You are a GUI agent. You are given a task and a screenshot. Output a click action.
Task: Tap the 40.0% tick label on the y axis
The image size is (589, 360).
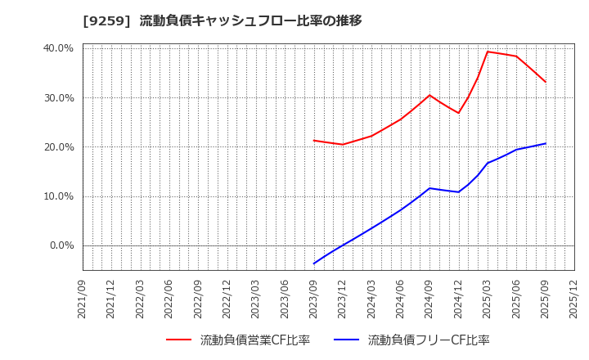tap(58, 48)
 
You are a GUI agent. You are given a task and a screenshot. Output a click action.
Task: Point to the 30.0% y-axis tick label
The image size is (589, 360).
tap(58, 98)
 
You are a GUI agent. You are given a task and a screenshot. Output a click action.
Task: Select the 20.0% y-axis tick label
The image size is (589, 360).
tap(58, 147)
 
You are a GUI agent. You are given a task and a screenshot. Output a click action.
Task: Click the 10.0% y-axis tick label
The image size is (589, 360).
tap(58, 196)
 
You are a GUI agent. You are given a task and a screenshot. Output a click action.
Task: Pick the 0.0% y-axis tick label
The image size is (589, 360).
tap(61, 245)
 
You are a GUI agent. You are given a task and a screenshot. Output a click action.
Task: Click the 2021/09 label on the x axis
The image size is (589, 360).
tap(83, 299)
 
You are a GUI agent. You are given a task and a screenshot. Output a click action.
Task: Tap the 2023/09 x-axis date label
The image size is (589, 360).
tap(314, 299)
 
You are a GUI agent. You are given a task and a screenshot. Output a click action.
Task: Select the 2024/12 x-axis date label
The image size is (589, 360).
tap(459, 299)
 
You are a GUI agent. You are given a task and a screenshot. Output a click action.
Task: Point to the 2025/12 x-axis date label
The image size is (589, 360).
tap(574, 299)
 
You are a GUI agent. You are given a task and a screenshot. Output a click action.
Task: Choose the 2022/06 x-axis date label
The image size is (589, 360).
tap(169, 299)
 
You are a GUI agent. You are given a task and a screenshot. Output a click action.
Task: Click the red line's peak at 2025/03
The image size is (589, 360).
tap(488, 52)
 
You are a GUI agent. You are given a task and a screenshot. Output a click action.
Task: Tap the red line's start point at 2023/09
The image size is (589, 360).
tap(314, 141)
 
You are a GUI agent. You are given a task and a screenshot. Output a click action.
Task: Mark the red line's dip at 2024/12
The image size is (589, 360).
tap(459, 113)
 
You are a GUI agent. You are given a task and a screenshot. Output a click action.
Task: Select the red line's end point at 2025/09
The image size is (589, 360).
tap(546, 82)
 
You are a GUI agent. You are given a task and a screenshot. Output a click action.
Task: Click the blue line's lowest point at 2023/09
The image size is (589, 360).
tap(314, 263)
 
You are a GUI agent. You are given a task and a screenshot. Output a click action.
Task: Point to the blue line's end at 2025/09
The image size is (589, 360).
tap(546, 143)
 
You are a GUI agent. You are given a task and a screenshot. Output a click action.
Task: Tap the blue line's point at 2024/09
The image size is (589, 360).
tap(429, 188)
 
